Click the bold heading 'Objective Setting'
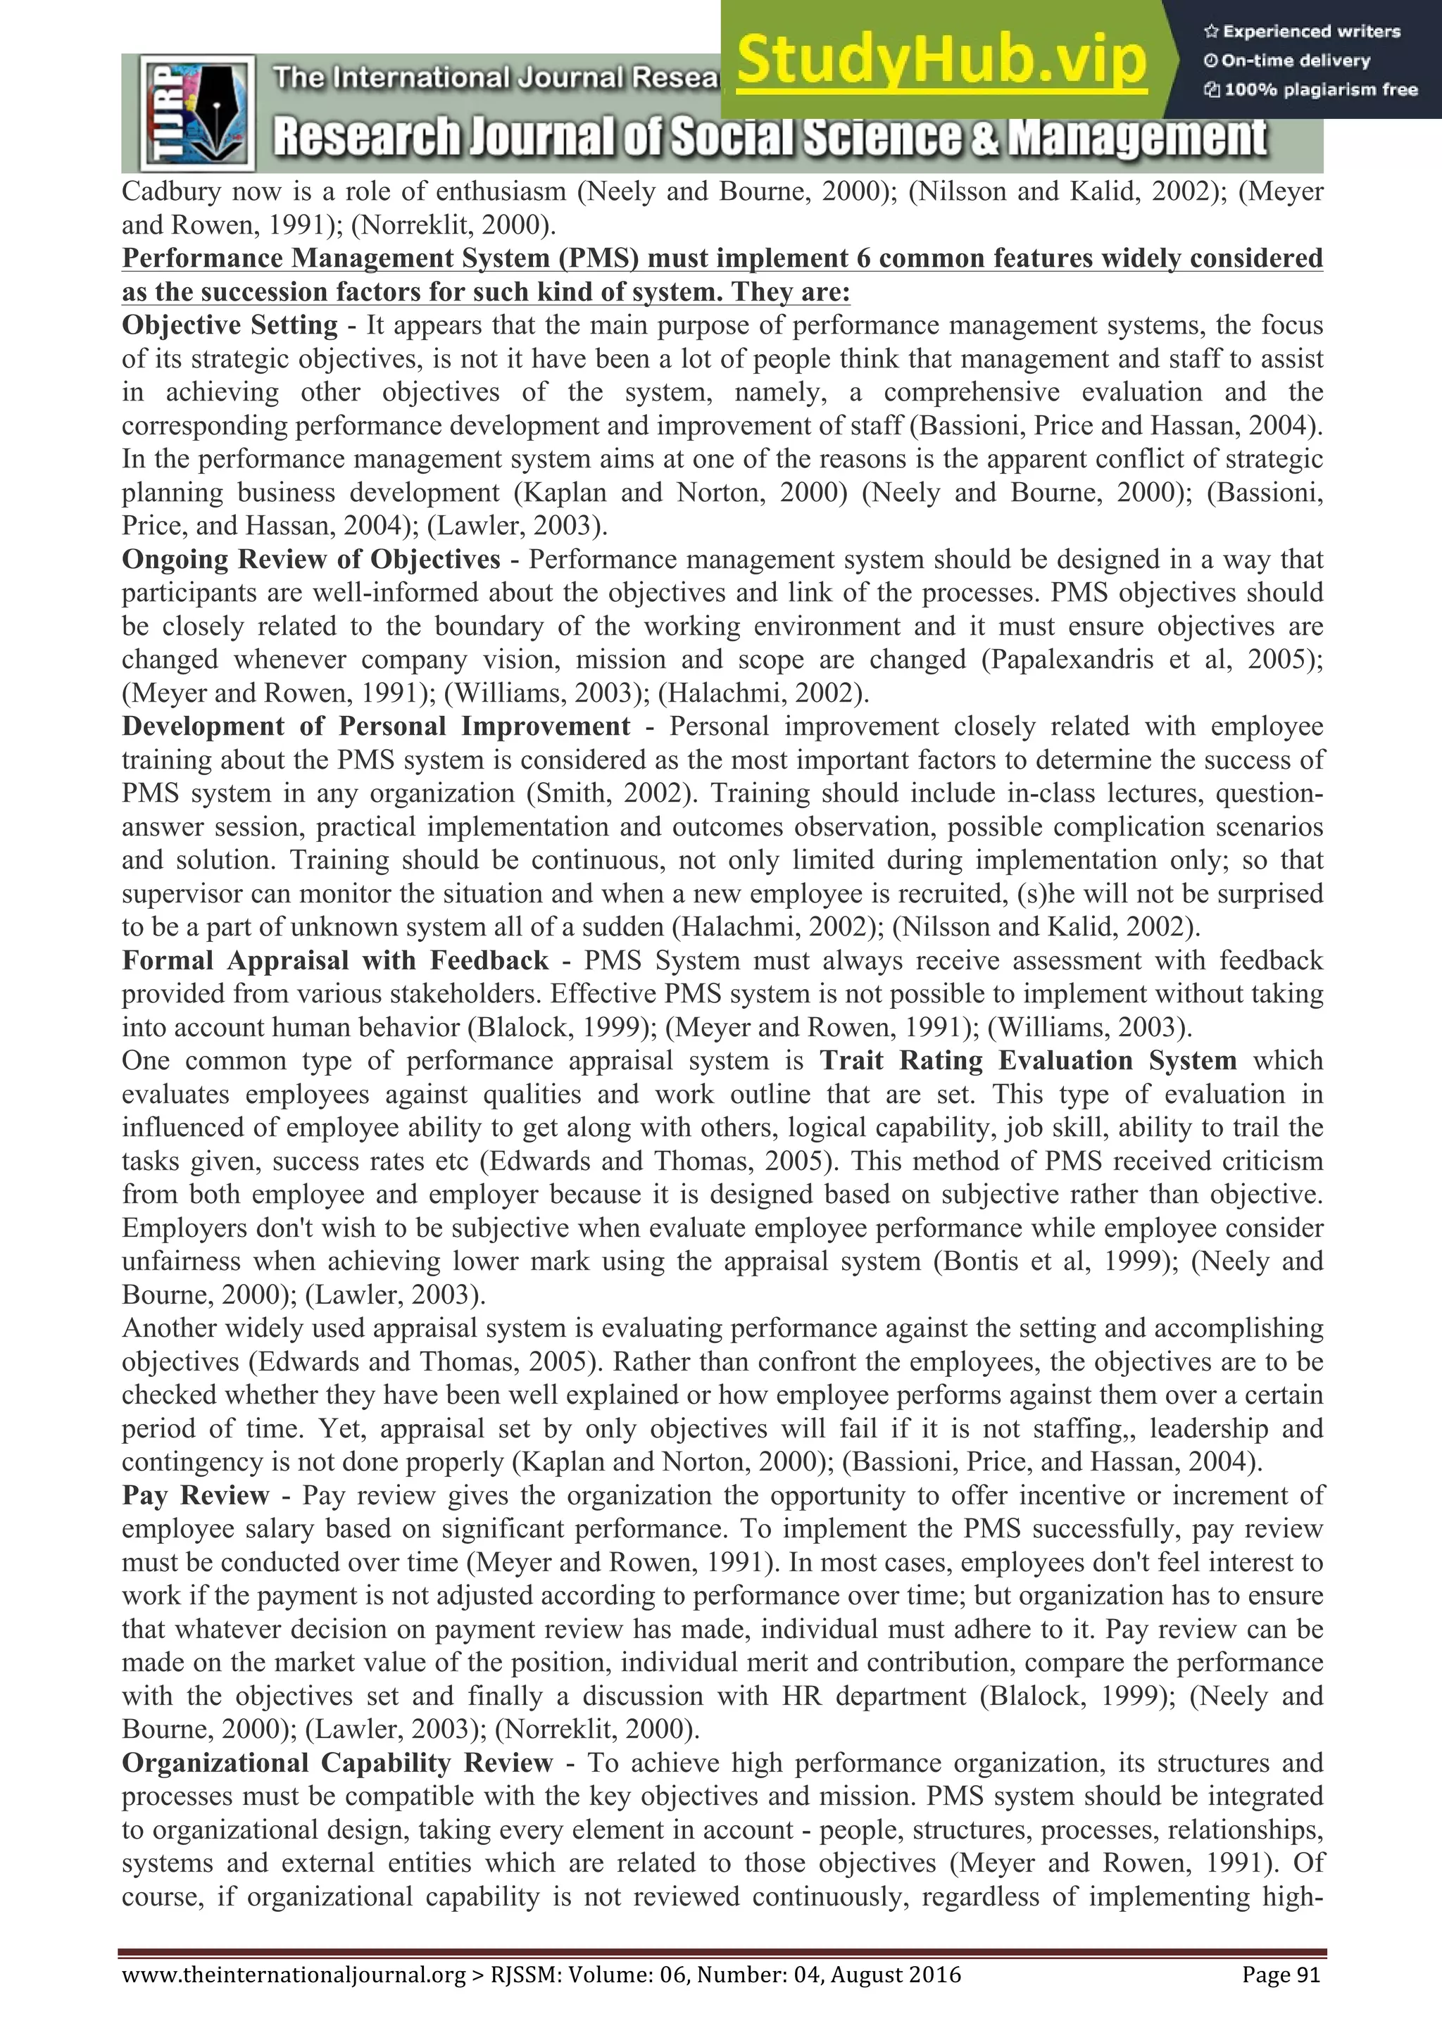pyautogui.click(x=230, y=326)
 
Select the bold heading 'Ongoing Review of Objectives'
pyautogui.click(x=311, y=560)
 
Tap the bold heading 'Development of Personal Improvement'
pyautogui.click(x=376, y=726)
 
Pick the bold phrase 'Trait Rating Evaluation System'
pyautogui.click(x=1028, y=1061)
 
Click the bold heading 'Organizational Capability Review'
pyautogui.click(x=338, y=1763)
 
